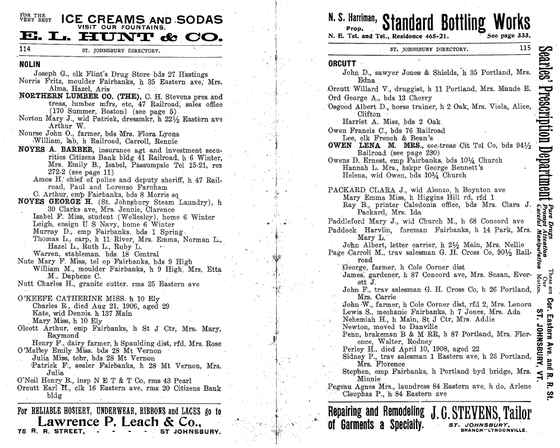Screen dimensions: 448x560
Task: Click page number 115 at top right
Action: tap(524, 49)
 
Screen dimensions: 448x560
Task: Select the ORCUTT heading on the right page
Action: tap(342, 64)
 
